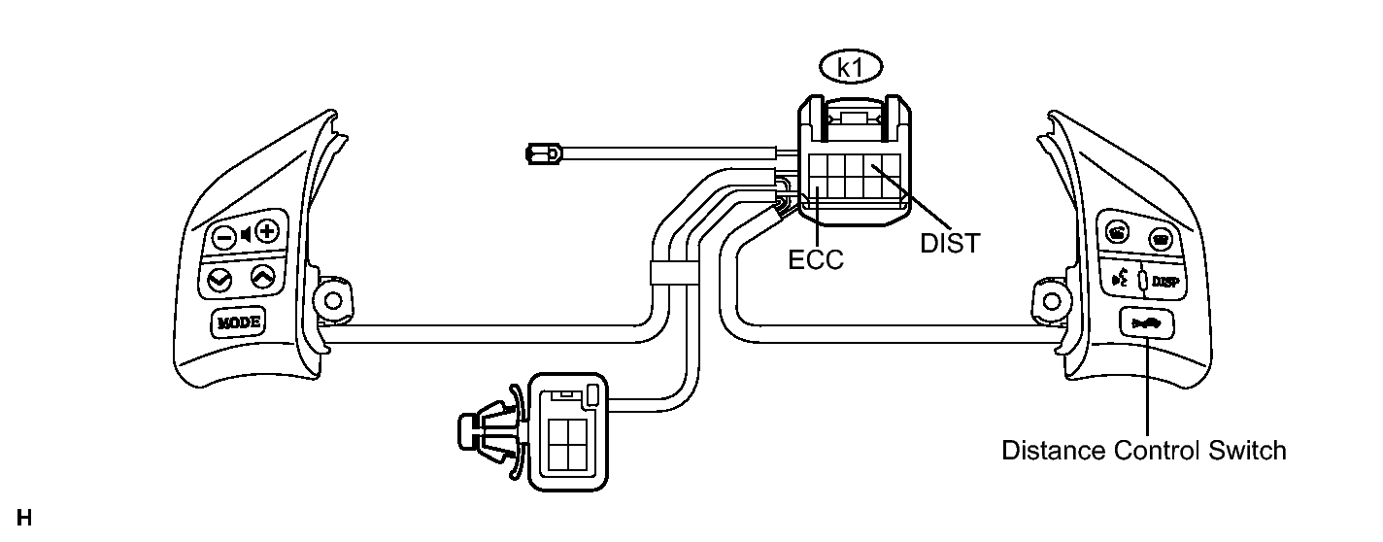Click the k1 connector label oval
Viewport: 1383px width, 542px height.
[851, 67]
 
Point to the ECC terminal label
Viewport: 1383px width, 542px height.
[816, 260]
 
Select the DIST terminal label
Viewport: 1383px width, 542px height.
[950, 244]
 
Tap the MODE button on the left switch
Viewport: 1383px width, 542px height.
[238, 322]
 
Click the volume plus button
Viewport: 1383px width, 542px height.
[267, 232]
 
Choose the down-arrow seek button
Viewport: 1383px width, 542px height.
[219, 281]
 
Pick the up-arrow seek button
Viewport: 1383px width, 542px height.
[263, 277]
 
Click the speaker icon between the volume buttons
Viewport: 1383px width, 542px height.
[246, 235]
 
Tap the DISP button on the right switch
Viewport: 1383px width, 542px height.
[1165, 282]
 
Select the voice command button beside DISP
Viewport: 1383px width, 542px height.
[1120, 280]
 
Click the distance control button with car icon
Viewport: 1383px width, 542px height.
[1146, 322]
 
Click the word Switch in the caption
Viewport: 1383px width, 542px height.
[1247, 451]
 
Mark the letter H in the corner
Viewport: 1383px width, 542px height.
[24, 518]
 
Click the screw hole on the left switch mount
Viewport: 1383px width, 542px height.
[333, 301]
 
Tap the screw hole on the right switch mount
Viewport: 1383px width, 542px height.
[1052, 302]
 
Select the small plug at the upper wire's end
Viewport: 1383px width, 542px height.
[543, 153]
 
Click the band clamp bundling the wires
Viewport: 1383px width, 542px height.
[674, 273]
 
